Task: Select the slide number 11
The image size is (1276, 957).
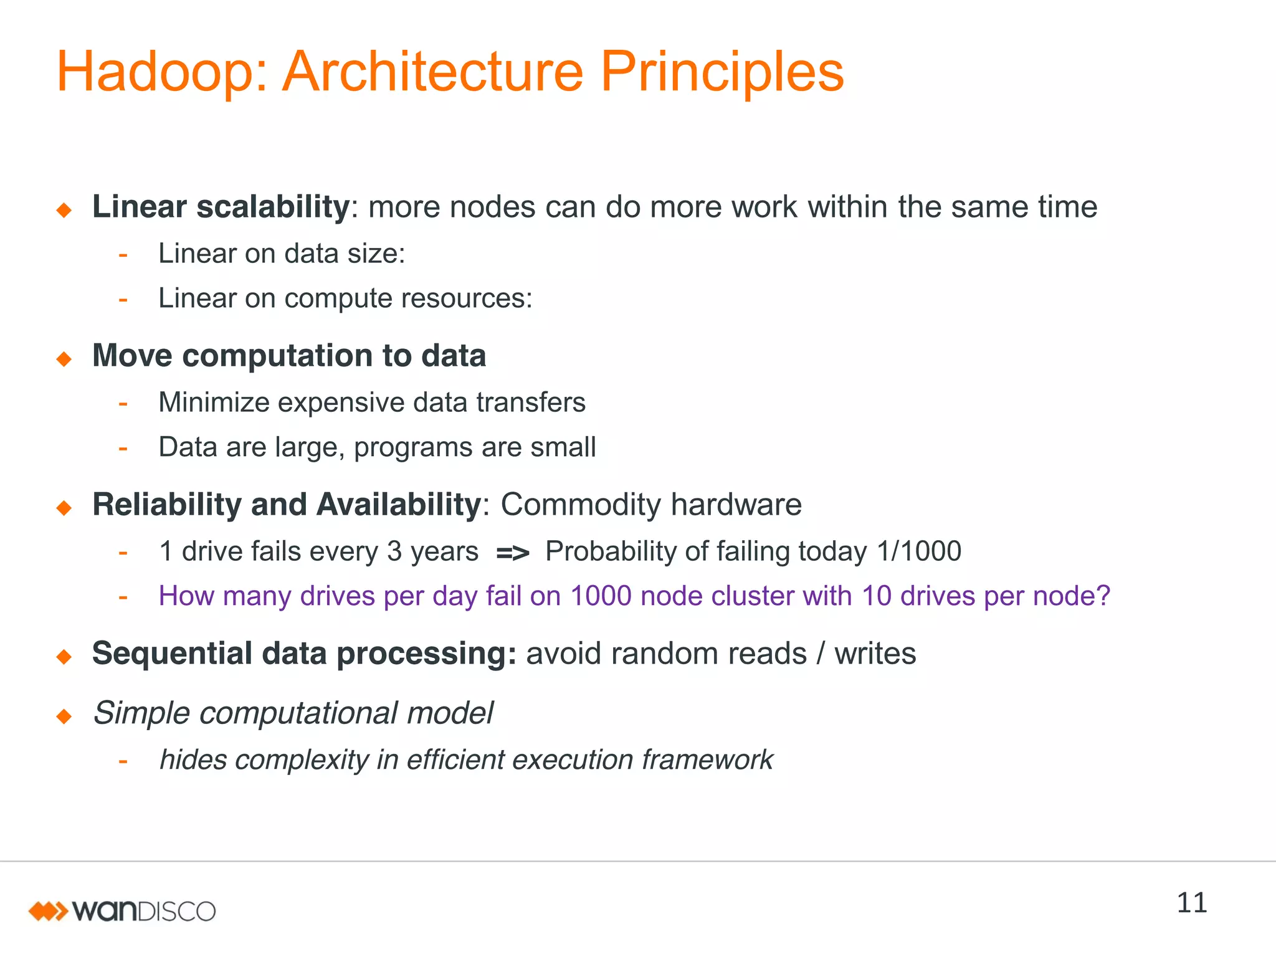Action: [x=1191, y=903]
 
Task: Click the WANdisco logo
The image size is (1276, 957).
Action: [x=122, y=911]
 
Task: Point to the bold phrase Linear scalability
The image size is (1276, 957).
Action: [x=221, y=207]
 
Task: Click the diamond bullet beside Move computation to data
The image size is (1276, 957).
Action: [x=64, y=359]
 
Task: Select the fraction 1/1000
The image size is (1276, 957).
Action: [x=918, y=551]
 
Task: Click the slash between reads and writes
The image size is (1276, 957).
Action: [x=821, y=654]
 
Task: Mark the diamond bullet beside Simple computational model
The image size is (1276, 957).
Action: [x=64, y=717]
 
